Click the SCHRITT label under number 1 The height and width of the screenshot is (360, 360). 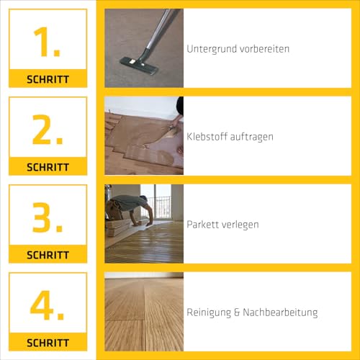point(48,79)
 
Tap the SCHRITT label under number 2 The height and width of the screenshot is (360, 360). point(48,167)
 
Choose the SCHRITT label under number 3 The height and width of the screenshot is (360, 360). point(48,255)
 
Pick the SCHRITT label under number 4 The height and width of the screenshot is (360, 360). point(48,343)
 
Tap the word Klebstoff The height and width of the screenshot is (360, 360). point(208,137)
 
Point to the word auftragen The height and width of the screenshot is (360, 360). point(253,137)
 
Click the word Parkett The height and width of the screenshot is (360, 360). point(203,225)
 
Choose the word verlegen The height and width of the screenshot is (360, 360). point(242,225)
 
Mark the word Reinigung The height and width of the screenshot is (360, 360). point(210,312)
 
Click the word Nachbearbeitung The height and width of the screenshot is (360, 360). point(282,312)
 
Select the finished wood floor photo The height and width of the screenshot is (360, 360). point(144,311)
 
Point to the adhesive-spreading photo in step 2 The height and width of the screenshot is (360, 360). point(144,135)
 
